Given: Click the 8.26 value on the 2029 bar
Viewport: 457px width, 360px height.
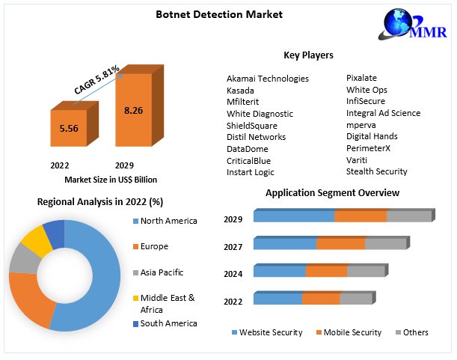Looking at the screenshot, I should [x=134, y=110].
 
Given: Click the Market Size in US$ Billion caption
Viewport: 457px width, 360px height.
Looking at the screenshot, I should [x=111, y=180].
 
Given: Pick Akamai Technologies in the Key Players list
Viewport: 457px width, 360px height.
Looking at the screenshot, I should [x=267, y=79].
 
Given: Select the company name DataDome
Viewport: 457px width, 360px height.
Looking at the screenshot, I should [x=248, y=149].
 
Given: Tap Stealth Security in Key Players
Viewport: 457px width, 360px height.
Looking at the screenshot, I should [x=376, y=171].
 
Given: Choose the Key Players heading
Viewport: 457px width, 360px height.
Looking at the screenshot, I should [x=308, y=55].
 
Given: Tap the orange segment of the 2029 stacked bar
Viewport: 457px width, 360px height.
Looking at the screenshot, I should [x=360, y=216].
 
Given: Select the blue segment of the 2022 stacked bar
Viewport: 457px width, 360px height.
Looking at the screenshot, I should [x=277, y=299].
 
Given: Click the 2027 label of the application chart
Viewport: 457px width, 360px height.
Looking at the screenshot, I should [x=233, y=246].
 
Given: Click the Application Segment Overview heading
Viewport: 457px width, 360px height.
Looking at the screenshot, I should [x=332, y=193].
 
